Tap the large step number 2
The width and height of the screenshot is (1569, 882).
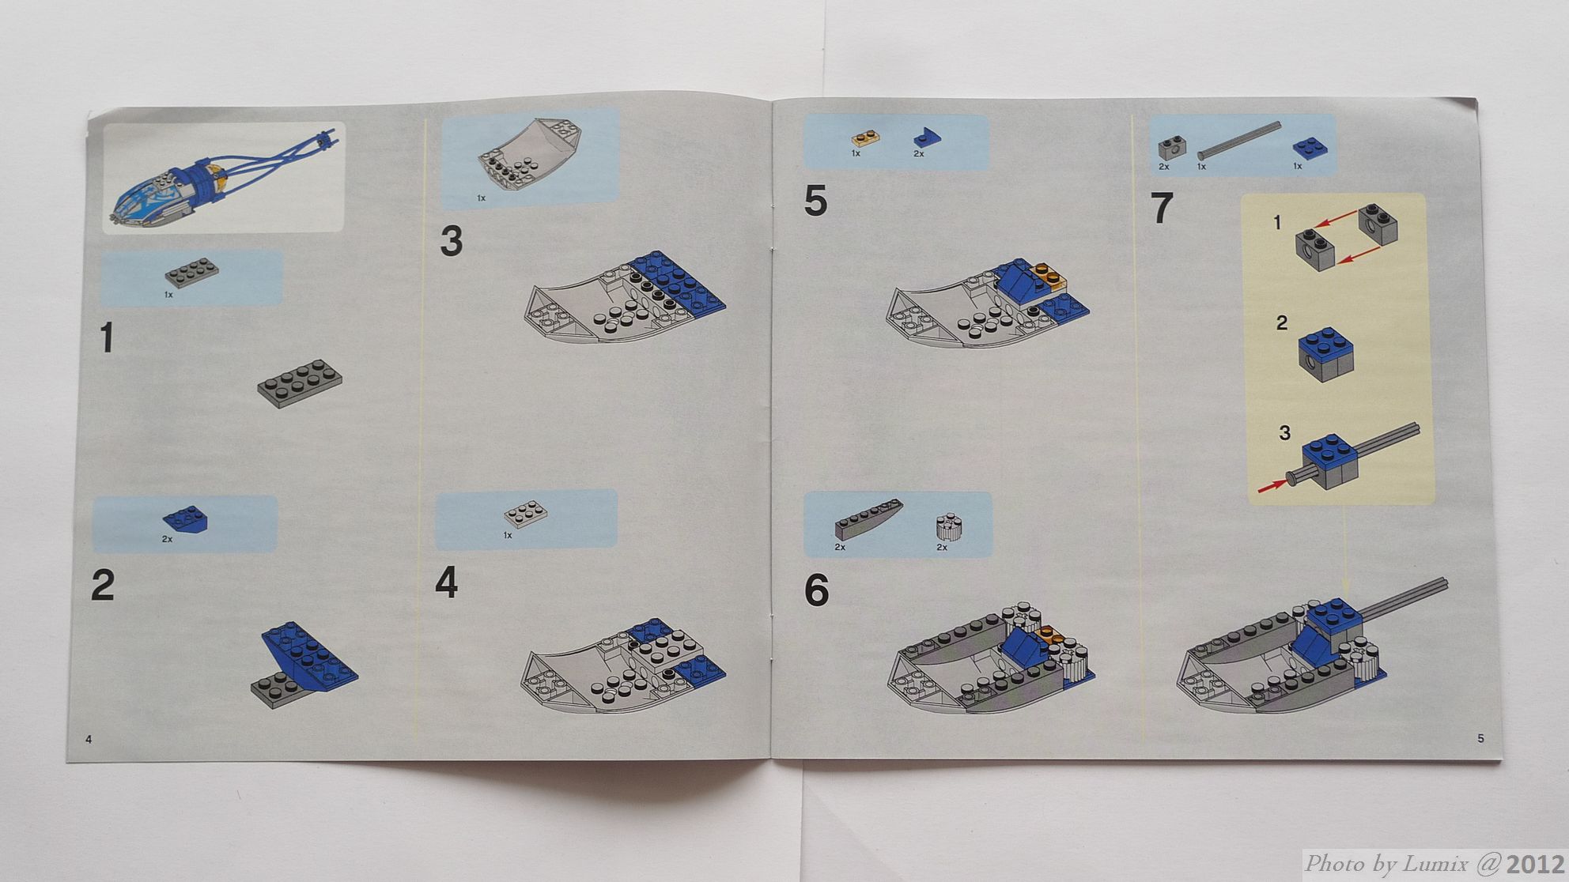(103, 586)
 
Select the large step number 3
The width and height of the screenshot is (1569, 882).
(451, 241)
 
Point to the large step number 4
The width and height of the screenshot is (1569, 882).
(446, 584)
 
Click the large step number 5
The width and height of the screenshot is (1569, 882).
(815, 201)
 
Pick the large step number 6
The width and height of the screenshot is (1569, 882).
(816, 591)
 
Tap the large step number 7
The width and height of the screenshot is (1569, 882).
(1161, 209)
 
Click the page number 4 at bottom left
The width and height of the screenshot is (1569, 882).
(89, 740)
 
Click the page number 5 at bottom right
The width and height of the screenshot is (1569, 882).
(1480, 738)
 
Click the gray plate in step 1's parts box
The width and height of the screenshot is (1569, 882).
(192, 273)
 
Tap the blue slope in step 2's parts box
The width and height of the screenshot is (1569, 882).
(184, 518)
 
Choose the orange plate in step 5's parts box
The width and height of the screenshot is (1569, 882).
(866, 138)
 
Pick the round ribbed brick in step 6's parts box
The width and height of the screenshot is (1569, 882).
(947, 527)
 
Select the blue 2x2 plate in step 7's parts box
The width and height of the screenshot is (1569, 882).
(1310, 148)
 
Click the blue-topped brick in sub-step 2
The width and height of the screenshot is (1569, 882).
(1325, 355)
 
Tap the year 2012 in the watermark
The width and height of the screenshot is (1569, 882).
(1534, 865)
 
